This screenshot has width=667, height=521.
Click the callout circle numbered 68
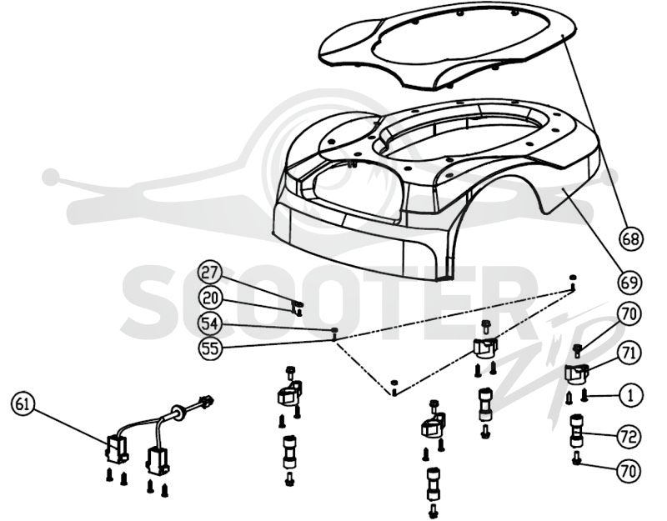[x=631, y=239]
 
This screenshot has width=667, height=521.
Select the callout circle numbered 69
[x=630, y=283]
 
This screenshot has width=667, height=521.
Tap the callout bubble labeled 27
[x=210, y=273]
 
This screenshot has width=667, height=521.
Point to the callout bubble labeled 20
[x=210, y=298]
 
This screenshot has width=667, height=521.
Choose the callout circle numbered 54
[x=210, y=324]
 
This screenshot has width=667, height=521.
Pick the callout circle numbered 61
[x=23, y=404]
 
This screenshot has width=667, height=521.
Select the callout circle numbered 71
[x=629, y=353]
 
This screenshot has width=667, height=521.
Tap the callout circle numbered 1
[x=630, y=396]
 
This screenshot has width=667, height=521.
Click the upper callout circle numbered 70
[x=629, y=314]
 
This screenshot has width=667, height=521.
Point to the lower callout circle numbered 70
[x=629, y=472]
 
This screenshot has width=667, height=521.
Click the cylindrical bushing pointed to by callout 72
[x=576, y=431]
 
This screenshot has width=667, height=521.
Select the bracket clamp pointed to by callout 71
[x=576, y=374]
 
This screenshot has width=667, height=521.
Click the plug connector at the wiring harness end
[x=206, y=401]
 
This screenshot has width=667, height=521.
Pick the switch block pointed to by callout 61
[x=116, y=450]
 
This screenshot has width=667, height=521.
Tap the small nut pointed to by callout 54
[x=335, y=330]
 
